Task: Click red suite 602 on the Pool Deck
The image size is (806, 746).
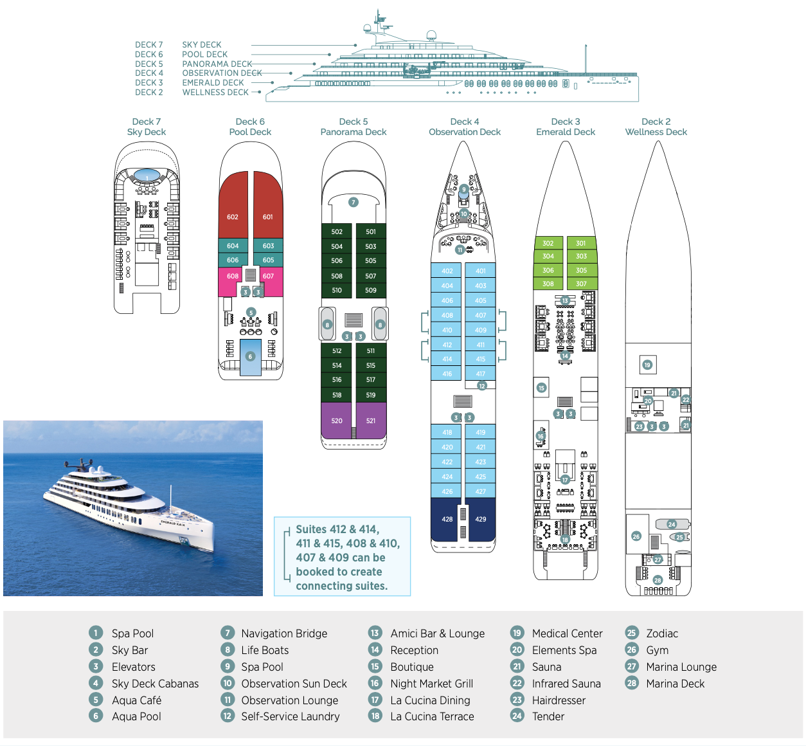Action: click(233, 217)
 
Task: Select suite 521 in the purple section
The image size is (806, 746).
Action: click(371, 421)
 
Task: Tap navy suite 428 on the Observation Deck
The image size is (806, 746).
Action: click(447, 519)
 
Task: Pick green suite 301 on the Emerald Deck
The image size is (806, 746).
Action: click(581, 243)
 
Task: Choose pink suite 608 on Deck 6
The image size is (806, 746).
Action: click(232, 276)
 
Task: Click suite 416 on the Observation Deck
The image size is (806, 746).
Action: click(447, 374)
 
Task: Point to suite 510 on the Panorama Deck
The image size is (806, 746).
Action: click(337, 290)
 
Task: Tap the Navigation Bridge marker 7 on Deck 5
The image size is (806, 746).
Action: click(354, 202)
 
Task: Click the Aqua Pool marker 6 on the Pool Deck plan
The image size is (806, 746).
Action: click(251, 356)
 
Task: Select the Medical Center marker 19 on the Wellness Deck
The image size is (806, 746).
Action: click(647, 365)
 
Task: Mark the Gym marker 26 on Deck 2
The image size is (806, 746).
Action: click(636, 536)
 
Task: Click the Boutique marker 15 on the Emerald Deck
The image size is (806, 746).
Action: click(541, 388)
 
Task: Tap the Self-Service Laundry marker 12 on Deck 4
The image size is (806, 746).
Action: click(482, 386)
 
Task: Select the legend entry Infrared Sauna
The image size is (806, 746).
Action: click(566, 684)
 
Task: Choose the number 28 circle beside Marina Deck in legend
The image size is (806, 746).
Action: click(632, 683)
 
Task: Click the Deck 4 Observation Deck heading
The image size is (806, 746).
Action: click(465, 127)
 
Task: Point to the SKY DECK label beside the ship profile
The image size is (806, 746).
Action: click(201, 45)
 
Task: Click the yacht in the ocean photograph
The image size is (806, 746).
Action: click(129, 508)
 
